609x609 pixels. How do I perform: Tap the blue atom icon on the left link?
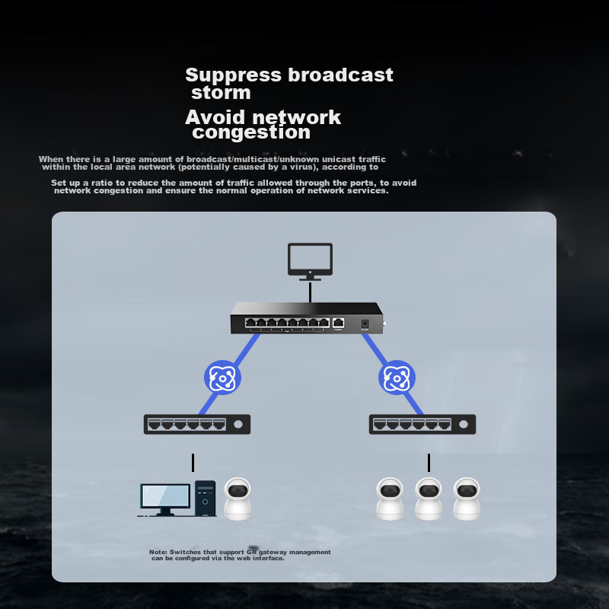222,378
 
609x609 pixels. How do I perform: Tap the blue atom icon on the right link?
397,378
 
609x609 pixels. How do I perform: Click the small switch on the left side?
196,424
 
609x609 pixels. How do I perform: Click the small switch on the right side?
422,424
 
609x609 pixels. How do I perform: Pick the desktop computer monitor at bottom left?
165,499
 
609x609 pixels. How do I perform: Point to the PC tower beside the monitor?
205,499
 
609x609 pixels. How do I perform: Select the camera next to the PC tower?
238,499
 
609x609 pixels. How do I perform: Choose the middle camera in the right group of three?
429,499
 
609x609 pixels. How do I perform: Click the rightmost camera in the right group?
466,499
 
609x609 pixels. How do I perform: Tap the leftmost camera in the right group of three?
390,499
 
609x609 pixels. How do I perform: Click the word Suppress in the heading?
233,75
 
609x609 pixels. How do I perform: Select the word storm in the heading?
221,93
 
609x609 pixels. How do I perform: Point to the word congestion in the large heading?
251,132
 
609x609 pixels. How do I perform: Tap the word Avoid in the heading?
215,117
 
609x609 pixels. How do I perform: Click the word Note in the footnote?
158,552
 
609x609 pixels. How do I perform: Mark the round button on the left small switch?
238,424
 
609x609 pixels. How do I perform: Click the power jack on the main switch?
365,324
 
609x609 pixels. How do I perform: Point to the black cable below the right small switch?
429,463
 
